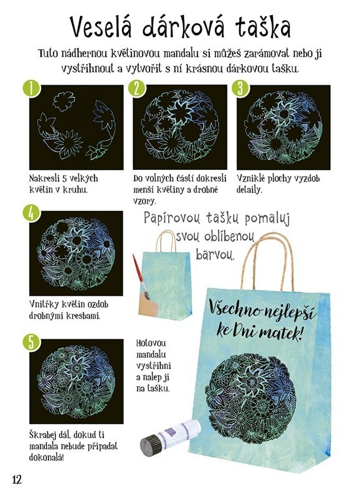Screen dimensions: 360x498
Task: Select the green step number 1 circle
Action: [32, 88]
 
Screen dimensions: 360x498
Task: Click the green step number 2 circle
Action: [137, 88]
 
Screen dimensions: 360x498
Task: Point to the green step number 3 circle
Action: [240, 88]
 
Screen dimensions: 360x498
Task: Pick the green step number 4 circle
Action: [32, 213]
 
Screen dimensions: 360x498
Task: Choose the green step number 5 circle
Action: [32, 342]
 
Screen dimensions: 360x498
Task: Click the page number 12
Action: [17, 479]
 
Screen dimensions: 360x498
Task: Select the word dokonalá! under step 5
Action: [46, 458]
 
